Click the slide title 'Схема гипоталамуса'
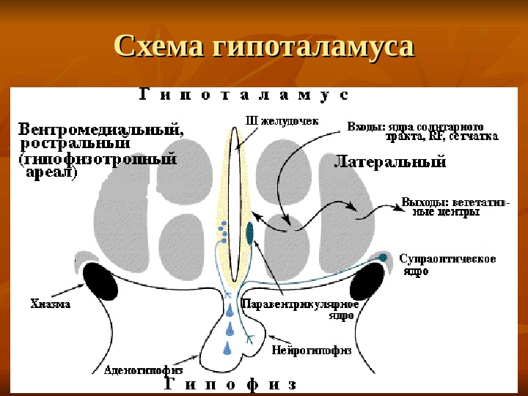pos(264,48)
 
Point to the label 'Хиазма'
pos(51,304)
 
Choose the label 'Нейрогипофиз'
pos(312,350)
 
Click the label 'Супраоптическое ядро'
pos(447,265)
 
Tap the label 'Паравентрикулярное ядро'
pos(307,309)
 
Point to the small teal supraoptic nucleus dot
pos(383,257)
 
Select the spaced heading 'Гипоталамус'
pos(243,95)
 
